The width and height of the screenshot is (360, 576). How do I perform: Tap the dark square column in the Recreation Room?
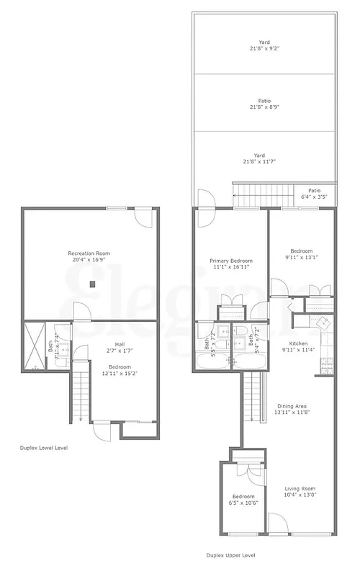[93, 284]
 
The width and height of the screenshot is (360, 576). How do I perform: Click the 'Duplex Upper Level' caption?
[230, 555]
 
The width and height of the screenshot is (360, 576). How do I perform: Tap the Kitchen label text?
[299, 347]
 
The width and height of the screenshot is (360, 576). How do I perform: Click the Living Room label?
[300, 493]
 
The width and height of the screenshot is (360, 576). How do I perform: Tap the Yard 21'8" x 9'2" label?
[264, 46]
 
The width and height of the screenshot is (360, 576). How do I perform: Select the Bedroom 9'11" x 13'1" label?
[301, 255]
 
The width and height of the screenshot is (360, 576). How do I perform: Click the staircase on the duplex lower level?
[80, 396]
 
